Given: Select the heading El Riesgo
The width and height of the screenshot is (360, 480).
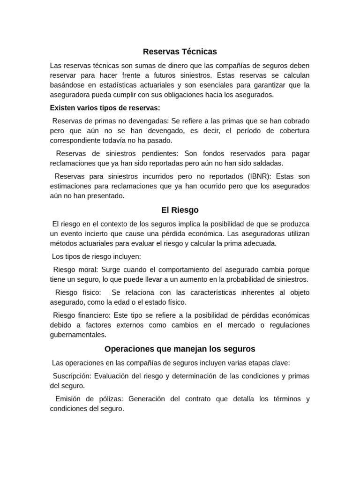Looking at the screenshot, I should (x=180, y=210).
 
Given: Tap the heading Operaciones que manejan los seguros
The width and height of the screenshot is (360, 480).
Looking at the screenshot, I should (x=180, y=349).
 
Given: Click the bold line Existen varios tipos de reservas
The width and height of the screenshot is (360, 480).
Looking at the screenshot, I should (x=105, y=108).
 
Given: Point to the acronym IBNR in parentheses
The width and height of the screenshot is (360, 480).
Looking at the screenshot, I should (x=259, y=176).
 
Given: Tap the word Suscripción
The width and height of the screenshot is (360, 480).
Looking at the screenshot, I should (x=73, y=376).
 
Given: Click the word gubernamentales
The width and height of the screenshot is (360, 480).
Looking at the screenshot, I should (x=78, y=335).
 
